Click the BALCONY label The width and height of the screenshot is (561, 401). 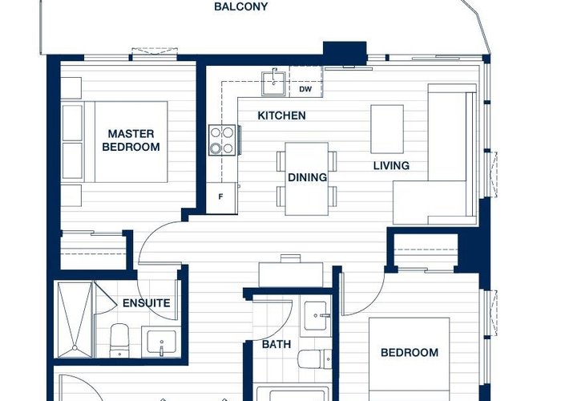tap(240, 6)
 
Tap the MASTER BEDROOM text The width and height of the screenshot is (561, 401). tap(131, 140)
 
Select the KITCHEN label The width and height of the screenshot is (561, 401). tap(281, 115)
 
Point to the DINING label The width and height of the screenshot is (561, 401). tap(307, 177)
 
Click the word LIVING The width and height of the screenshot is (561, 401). tap(391, 166)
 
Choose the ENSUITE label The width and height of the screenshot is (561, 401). tap(147, 303)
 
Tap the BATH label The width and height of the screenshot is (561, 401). tap(276, 344)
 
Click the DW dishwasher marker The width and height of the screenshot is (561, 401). tap(305, 89)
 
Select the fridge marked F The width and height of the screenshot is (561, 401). tap(221, 198)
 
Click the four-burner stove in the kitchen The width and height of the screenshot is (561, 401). tap(222, 140)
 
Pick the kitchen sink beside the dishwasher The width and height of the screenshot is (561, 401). tap(274, 83)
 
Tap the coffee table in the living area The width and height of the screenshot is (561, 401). tap(387, 129)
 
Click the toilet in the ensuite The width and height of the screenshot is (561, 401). tap(119, 341)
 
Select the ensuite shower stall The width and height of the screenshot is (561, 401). tap(75, 319)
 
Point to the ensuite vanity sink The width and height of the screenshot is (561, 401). tap(161, 342)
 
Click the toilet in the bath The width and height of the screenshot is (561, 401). tap(315, 359)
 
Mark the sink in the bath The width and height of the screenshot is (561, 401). tap(316, 315)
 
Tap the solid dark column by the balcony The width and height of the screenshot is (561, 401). tap(345, 52)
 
